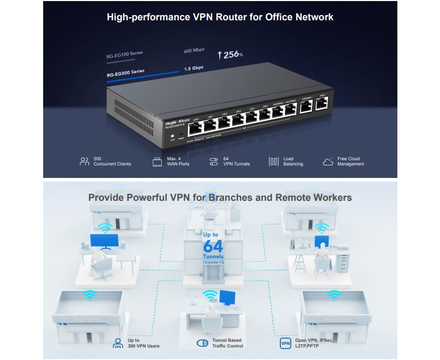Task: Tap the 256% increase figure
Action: pyautogui.click(x=230, y=54)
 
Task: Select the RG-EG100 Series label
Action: pyautogui.click(x=125, y=53)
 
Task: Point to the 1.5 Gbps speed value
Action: pyautogui.click(x=193, y=68)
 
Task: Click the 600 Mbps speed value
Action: pyautogui.click(x=194, y=50)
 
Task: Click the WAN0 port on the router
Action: pyautogui.click(x=322, y=106)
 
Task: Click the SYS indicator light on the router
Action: pyautogui.click(x=172, y=135)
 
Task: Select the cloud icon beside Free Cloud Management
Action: pyautogui.click(x=328, y=162)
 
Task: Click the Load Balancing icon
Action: pyautogui.click(x=274, y=162)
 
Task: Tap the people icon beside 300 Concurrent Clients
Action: pyautogui.click(x=84, y=161)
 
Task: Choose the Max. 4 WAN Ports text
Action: pyautogui.click(x=178, y=161)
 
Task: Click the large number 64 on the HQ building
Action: pyautogui.click(x=213, y=246)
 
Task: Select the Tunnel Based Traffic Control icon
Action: pyautogui.click(x=202, y=343)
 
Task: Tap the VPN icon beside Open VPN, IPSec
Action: pyautogui.click(x=286, y=343)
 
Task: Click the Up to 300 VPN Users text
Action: pyautogui.click(x=144, y=343)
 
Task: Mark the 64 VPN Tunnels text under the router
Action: pyautogui.click(x=236, y=161)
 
